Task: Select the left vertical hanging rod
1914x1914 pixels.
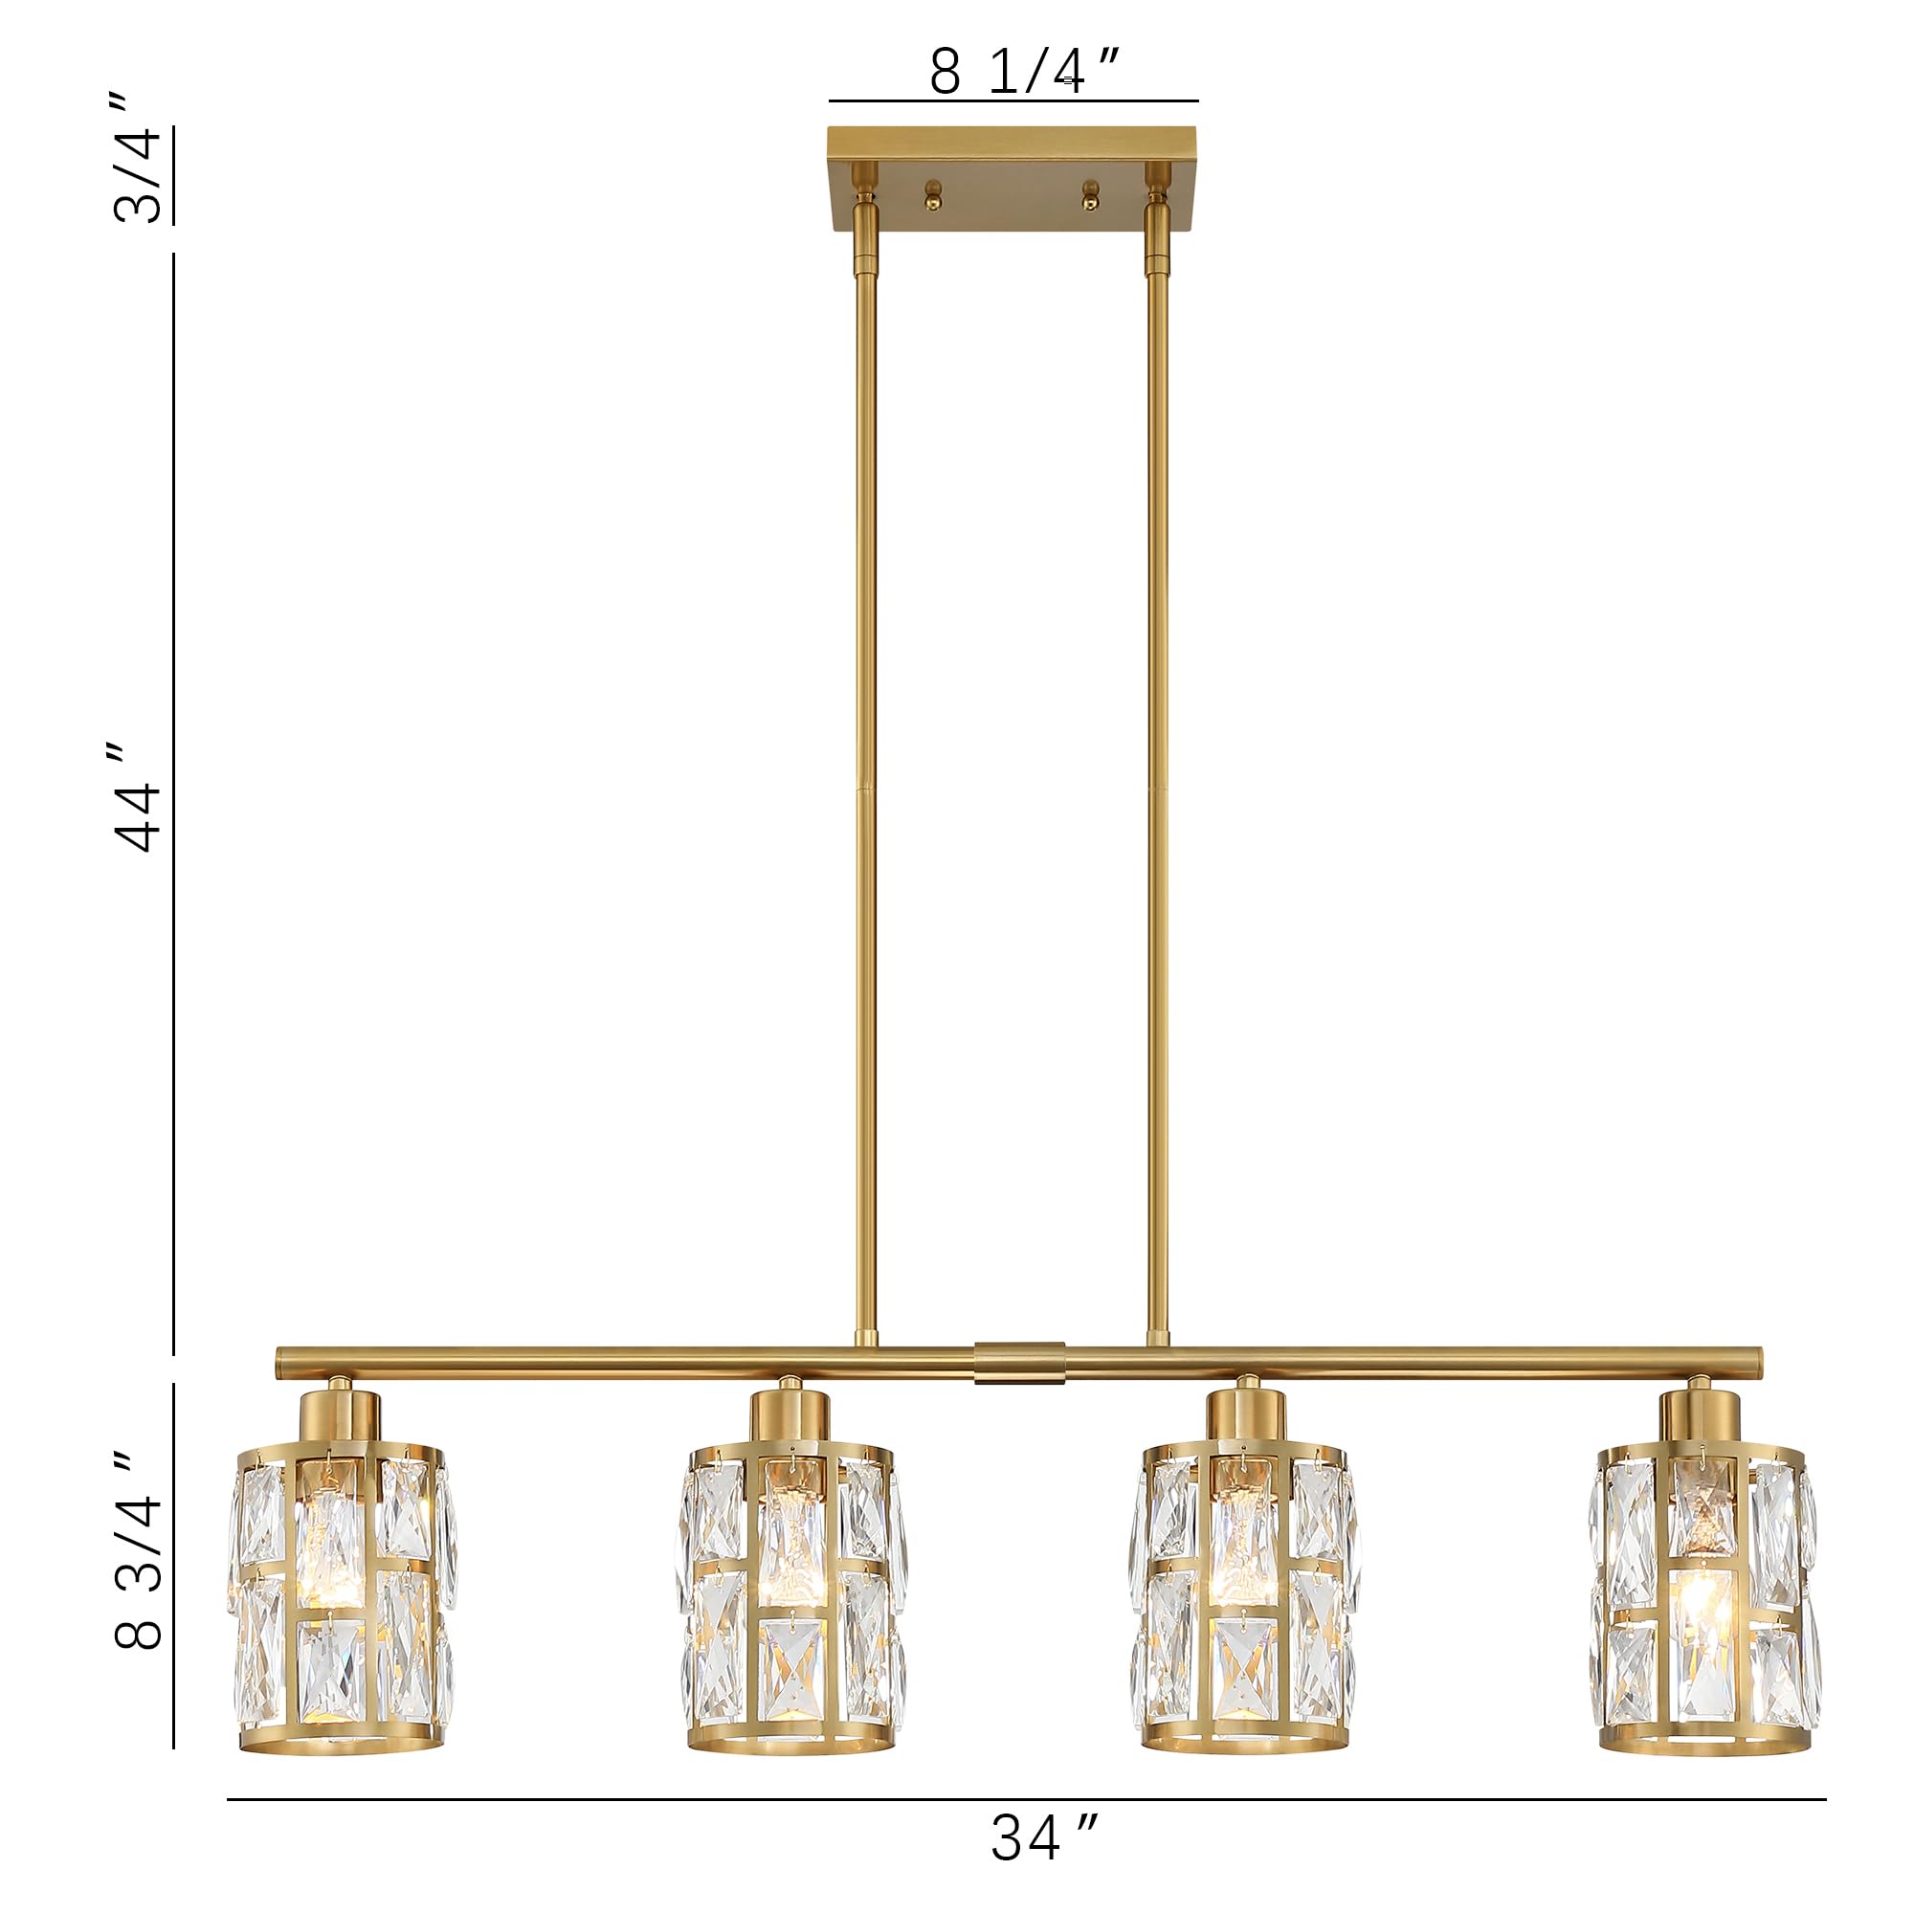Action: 865,792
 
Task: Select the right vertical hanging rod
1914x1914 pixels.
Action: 1157,792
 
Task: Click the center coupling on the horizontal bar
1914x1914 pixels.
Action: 1019,1363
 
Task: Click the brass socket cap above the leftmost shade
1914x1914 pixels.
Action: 340,1414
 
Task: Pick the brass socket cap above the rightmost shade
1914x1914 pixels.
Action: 1700,1414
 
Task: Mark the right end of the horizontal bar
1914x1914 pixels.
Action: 1755,1362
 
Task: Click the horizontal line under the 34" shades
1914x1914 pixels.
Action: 1025,1798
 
